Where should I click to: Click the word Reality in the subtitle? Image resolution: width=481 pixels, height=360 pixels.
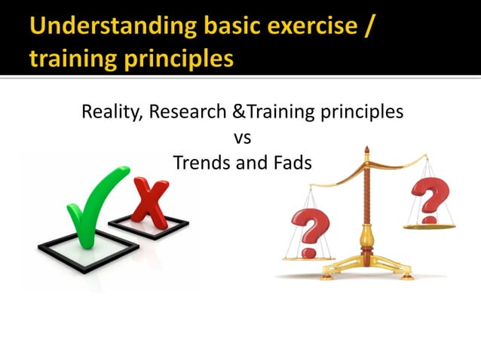click(x=110, y=112)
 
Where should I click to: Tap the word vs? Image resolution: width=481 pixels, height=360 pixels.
click(x=242, y=137)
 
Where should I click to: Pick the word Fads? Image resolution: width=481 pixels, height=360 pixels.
click(x=291, y=162)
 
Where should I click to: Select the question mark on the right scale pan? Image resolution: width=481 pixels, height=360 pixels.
click(x=429, y=197)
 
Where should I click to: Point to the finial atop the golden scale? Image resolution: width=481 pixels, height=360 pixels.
click(x=367, y=153)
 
